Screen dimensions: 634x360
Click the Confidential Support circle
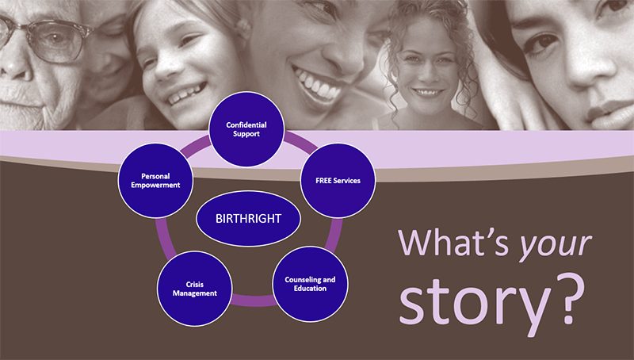point(246,129)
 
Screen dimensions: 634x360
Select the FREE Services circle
point(338,181)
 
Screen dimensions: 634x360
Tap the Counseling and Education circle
point(310,284)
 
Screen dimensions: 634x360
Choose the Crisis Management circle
point(194,289)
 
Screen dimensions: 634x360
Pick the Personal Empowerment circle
point(155,181)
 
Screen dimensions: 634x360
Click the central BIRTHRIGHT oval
point(248,218)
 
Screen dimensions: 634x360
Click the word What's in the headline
point(453,243)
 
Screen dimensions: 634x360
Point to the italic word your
point(555,246)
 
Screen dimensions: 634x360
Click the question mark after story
point(571,298)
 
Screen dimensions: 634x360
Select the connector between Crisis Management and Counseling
point(254,301)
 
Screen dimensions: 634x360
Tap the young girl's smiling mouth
point(187,94)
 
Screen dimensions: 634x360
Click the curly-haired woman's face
point(426,68)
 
